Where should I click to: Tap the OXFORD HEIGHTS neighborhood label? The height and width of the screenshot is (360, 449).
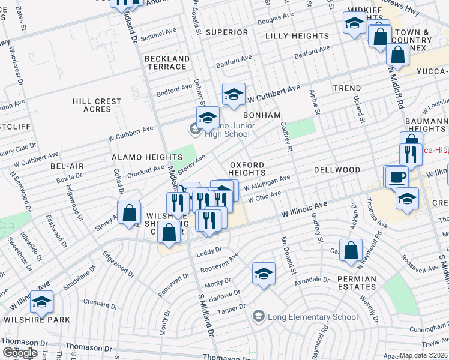point(246,169)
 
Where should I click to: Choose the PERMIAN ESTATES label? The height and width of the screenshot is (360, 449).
point(357,283)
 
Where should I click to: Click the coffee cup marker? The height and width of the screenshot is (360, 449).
point(396,178)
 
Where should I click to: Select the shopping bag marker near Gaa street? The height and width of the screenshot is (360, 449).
point(351,251)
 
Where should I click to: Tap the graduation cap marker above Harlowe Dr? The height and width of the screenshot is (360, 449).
point(264,274)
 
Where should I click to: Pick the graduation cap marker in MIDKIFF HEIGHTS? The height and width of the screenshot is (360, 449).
point(354,23)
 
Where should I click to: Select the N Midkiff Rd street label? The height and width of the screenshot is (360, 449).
point(396,87)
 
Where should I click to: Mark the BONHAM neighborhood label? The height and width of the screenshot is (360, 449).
point(262,115)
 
